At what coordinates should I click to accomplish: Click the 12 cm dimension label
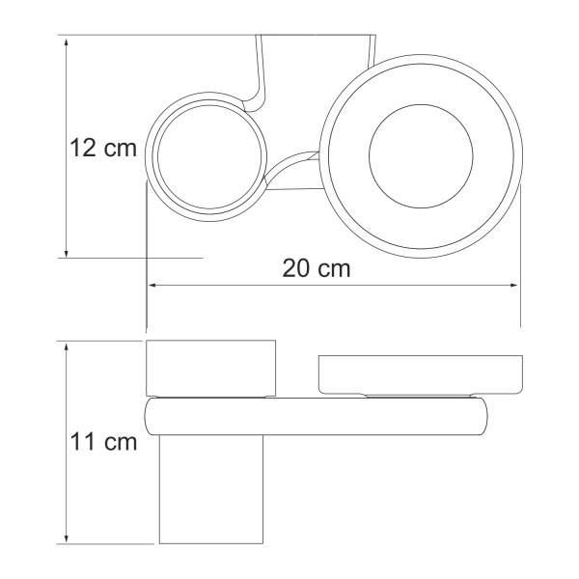(102, 151)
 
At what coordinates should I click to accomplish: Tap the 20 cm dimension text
(317, 268)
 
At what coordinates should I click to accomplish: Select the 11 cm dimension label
(102, 443)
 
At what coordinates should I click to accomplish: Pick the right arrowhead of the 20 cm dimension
(513, 286)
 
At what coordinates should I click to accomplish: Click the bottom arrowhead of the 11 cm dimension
(65, 538)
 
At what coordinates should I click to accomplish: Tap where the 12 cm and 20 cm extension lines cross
(146, 259)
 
